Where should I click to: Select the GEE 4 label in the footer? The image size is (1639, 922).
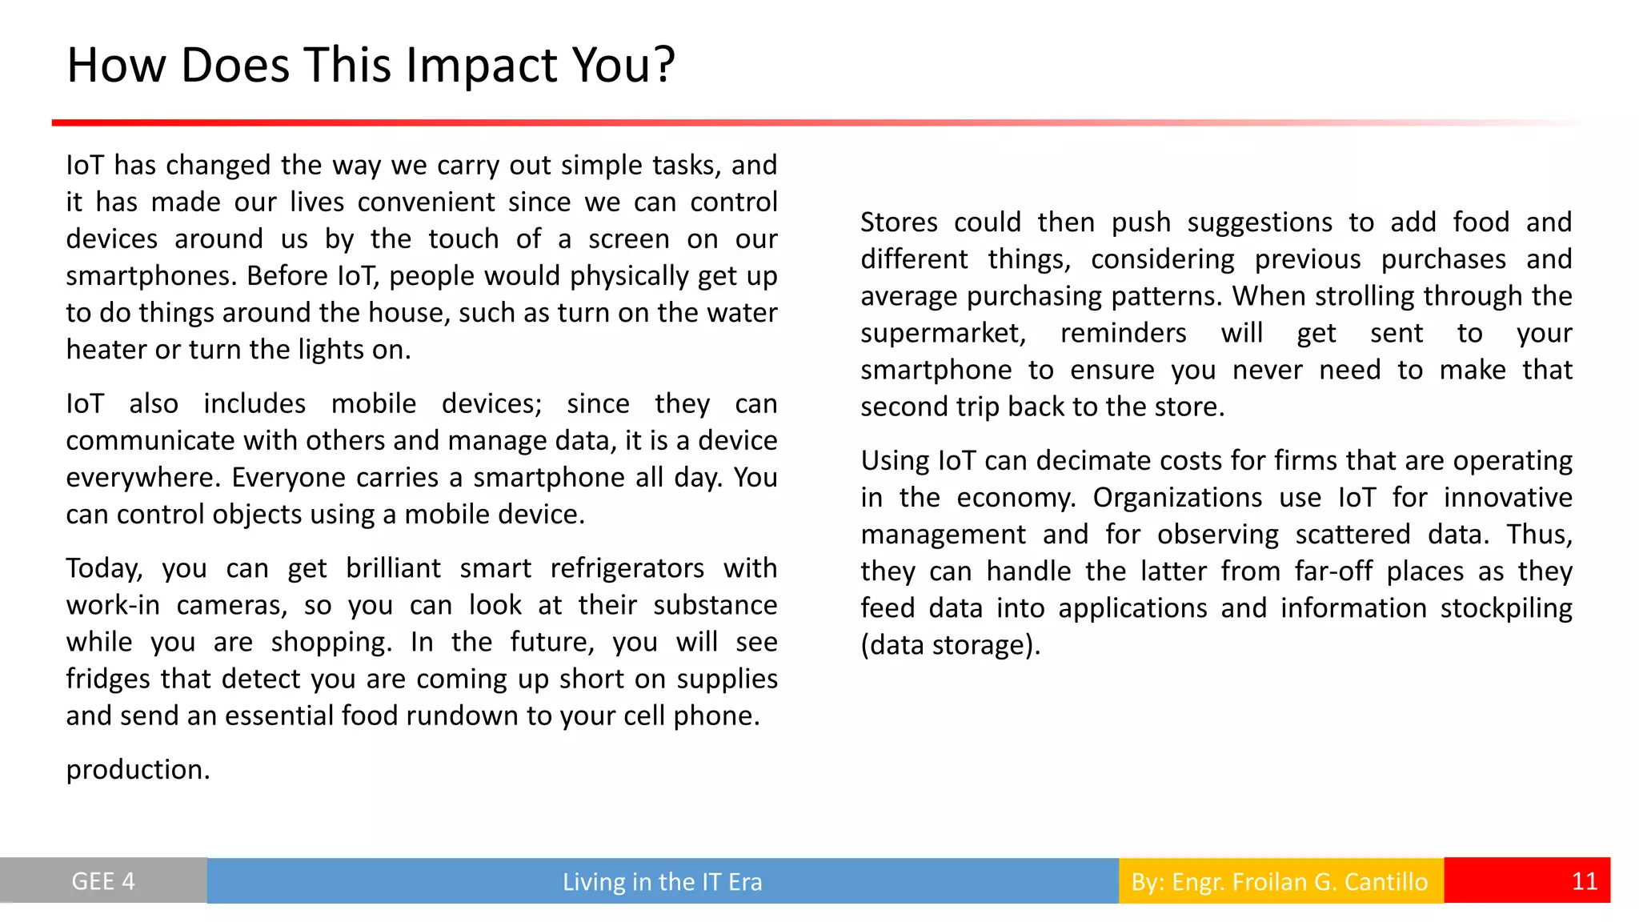pyautogui.click(x=103, y=881)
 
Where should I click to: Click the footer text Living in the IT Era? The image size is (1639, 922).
pyautogui.click(x=662, y=882)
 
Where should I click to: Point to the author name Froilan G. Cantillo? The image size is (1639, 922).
pyautogui.click(x=1329, y=882)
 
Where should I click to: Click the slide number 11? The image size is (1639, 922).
pyautogui.click(x=1584, y=881)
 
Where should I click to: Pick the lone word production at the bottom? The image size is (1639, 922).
pyautogui.click(x=138, y=770)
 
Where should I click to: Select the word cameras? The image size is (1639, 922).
pyautogui.click(x=231, y=606)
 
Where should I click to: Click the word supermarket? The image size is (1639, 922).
pyautogui.click(x=943, y=334)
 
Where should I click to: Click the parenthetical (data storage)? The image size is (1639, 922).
pyautogui.click(x=951, y=645)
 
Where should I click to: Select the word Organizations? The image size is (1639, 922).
pyautogui.click(x=1177, y=498)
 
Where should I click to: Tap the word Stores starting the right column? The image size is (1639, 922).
pyautogui.click(x=899, y=222)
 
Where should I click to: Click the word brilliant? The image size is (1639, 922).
pyautogui.click(x=393, y=568)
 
